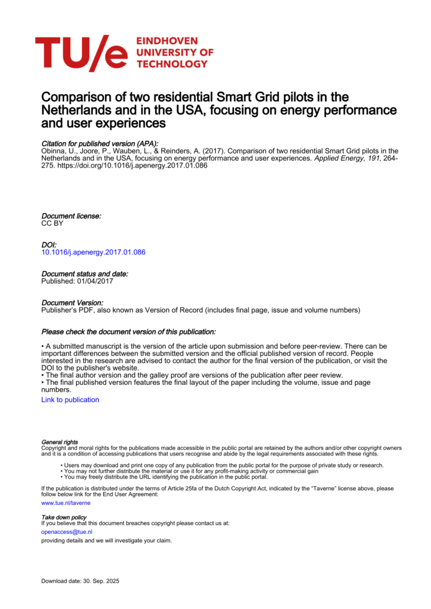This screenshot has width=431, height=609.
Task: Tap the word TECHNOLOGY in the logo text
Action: click(172, 64)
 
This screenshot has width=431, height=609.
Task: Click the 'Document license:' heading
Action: click(71, 216)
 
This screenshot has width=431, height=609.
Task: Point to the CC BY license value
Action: click(52, 223)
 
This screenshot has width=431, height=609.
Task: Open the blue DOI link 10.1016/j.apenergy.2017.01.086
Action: click(93, 252)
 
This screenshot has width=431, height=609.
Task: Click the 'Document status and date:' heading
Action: click(85, 274)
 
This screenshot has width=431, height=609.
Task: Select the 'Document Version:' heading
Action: click(72, 303)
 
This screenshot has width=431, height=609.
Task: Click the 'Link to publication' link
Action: click(70, 400)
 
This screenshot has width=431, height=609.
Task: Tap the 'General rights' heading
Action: click(59, 442)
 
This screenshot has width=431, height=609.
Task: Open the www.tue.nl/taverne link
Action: click(66, 503)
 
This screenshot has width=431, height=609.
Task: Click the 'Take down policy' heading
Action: click(64, 517)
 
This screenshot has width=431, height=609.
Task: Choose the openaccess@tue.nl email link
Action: click(67, 532)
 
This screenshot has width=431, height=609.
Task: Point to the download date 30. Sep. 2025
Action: click(80, 581)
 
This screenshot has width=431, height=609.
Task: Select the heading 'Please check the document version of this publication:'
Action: click(129, 332)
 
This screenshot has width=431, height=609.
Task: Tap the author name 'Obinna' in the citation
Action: click(53, 151)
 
